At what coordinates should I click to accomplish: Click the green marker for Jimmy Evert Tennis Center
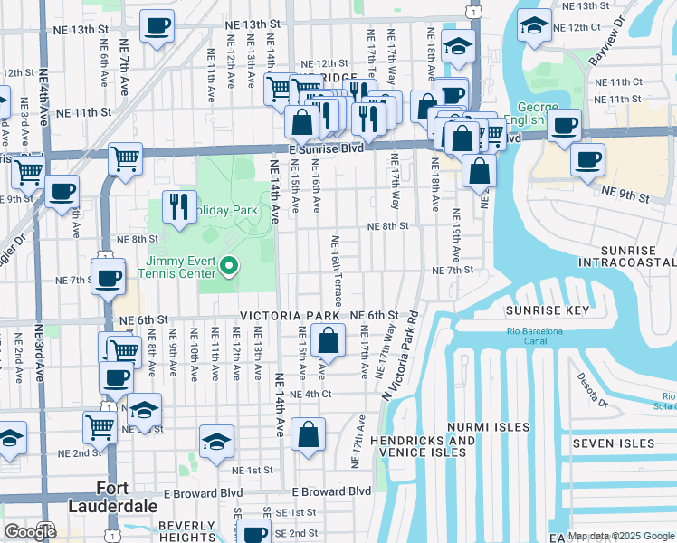(x=229, y=266)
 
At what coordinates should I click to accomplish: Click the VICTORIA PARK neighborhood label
(x=291, y=315)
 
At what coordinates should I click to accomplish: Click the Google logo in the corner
(x=30, y=532)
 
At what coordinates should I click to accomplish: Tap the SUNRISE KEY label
(x=547, y=310)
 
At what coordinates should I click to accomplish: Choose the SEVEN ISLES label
(x=613, y=443)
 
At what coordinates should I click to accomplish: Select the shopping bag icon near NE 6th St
(x=328, y=341)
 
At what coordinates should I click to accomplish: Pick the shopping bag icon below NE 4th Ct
(x=309, y=433)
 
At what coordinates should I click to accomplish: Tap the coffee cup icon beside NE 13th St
(x=157, y=28)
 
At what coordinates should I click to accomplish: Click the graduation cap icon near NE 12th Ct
(x=535, y=27)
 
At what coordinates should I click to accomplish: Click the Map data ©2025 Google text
(x=621, y=536)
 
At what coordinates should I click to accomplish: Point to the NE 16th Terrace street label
(x=336, y=271)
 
